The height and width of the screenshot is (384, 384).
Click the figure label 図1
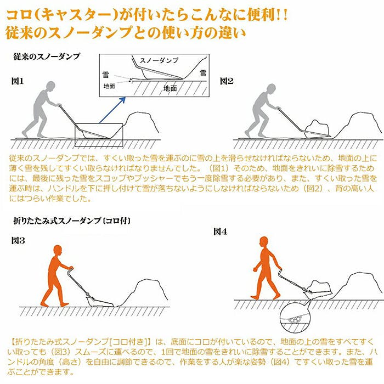point(18,81)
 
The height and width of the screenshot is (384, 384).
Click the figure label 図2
point(227,81)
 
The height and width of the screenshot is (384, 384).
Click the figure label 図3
point(18,240)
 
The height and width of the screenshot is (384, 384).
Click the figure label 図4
point(220,231)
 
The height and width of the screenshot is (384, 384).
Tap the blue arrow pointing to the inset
point(112,110)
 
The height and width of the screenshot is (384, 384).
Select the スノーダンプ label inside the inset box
point(159,60)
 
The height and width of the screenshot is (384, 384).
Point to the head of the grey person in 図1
point(50,87)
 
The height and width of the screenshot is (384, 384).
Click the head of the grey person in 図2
point(271,89)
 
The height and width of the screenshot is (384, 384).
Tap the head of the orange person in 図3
point(58,251)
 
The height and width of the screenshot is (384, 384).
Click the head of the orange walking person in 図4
point(264,242)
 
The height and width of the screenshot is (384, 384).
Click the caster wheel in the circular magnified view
point(295,319)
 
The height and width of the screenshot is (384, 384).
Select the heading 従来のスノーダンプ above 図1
point(47,57)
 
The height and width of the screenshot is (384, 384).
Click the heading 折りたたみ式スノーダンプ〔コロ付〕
point(72,221)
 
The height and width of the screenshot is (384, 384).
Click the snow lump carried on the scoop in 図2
point(317,127)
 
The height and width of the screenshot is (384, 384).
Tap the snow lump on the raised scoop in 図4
point(320,286)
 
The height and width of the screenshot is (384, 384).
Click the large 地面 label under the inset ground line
point(170,88)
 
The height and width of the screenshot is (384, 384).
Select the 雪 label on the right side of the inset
point(203,73)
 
